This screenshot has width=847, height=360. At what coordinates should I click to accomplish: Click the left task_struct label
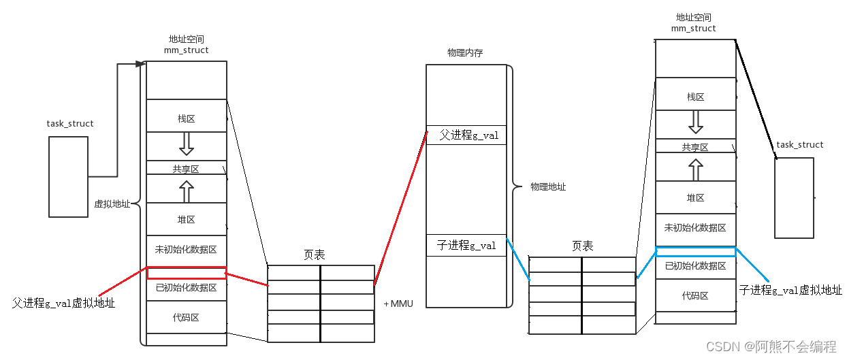70,124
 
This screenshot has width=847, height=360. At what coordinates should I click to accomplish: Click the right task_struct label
800,145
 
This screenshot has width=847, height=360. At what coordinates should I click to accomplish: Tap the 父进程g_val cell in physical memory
466,135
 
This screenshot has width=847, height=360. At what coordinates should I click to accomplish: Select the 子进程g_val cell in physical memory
466,246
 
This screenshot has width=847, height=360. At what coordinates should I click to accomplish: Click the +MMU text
398,304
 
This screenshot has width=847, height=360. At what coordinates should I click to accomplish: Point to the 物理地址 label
548,186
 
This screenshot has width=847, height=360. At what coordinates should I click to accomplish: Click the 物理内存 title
465,53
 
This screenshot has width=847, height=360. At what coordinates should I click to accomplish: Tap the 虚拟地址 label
112,204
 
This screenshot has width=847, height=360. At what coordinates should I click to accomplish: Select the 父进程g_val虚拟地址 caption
63,303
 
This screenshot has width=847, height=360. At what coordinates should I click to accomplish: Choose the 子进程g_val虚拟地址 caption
790,290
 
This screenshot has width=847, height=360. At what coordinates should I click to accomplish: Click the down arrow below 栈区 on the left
187,144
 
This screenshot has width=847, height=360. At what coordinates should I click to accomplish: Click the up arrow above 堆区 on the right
696,169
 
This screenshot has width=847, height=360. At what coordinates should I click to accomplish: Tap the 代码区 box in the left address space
187,317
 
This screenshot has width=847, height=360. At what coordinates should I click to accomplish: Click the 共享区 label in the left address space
186,169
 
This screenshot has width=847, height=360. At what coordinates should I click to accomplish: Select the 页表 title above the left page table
315,255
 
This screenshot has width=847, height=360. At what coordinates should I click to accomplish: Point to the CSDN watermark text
771,346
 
